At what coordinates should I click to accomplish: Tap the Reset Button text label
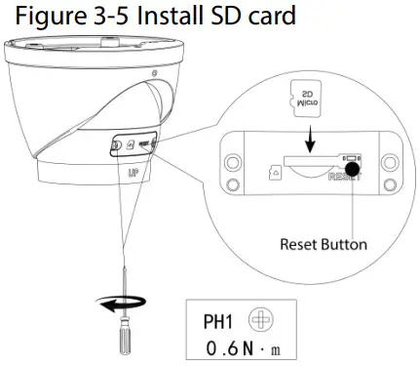click(x=324, y=243)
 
